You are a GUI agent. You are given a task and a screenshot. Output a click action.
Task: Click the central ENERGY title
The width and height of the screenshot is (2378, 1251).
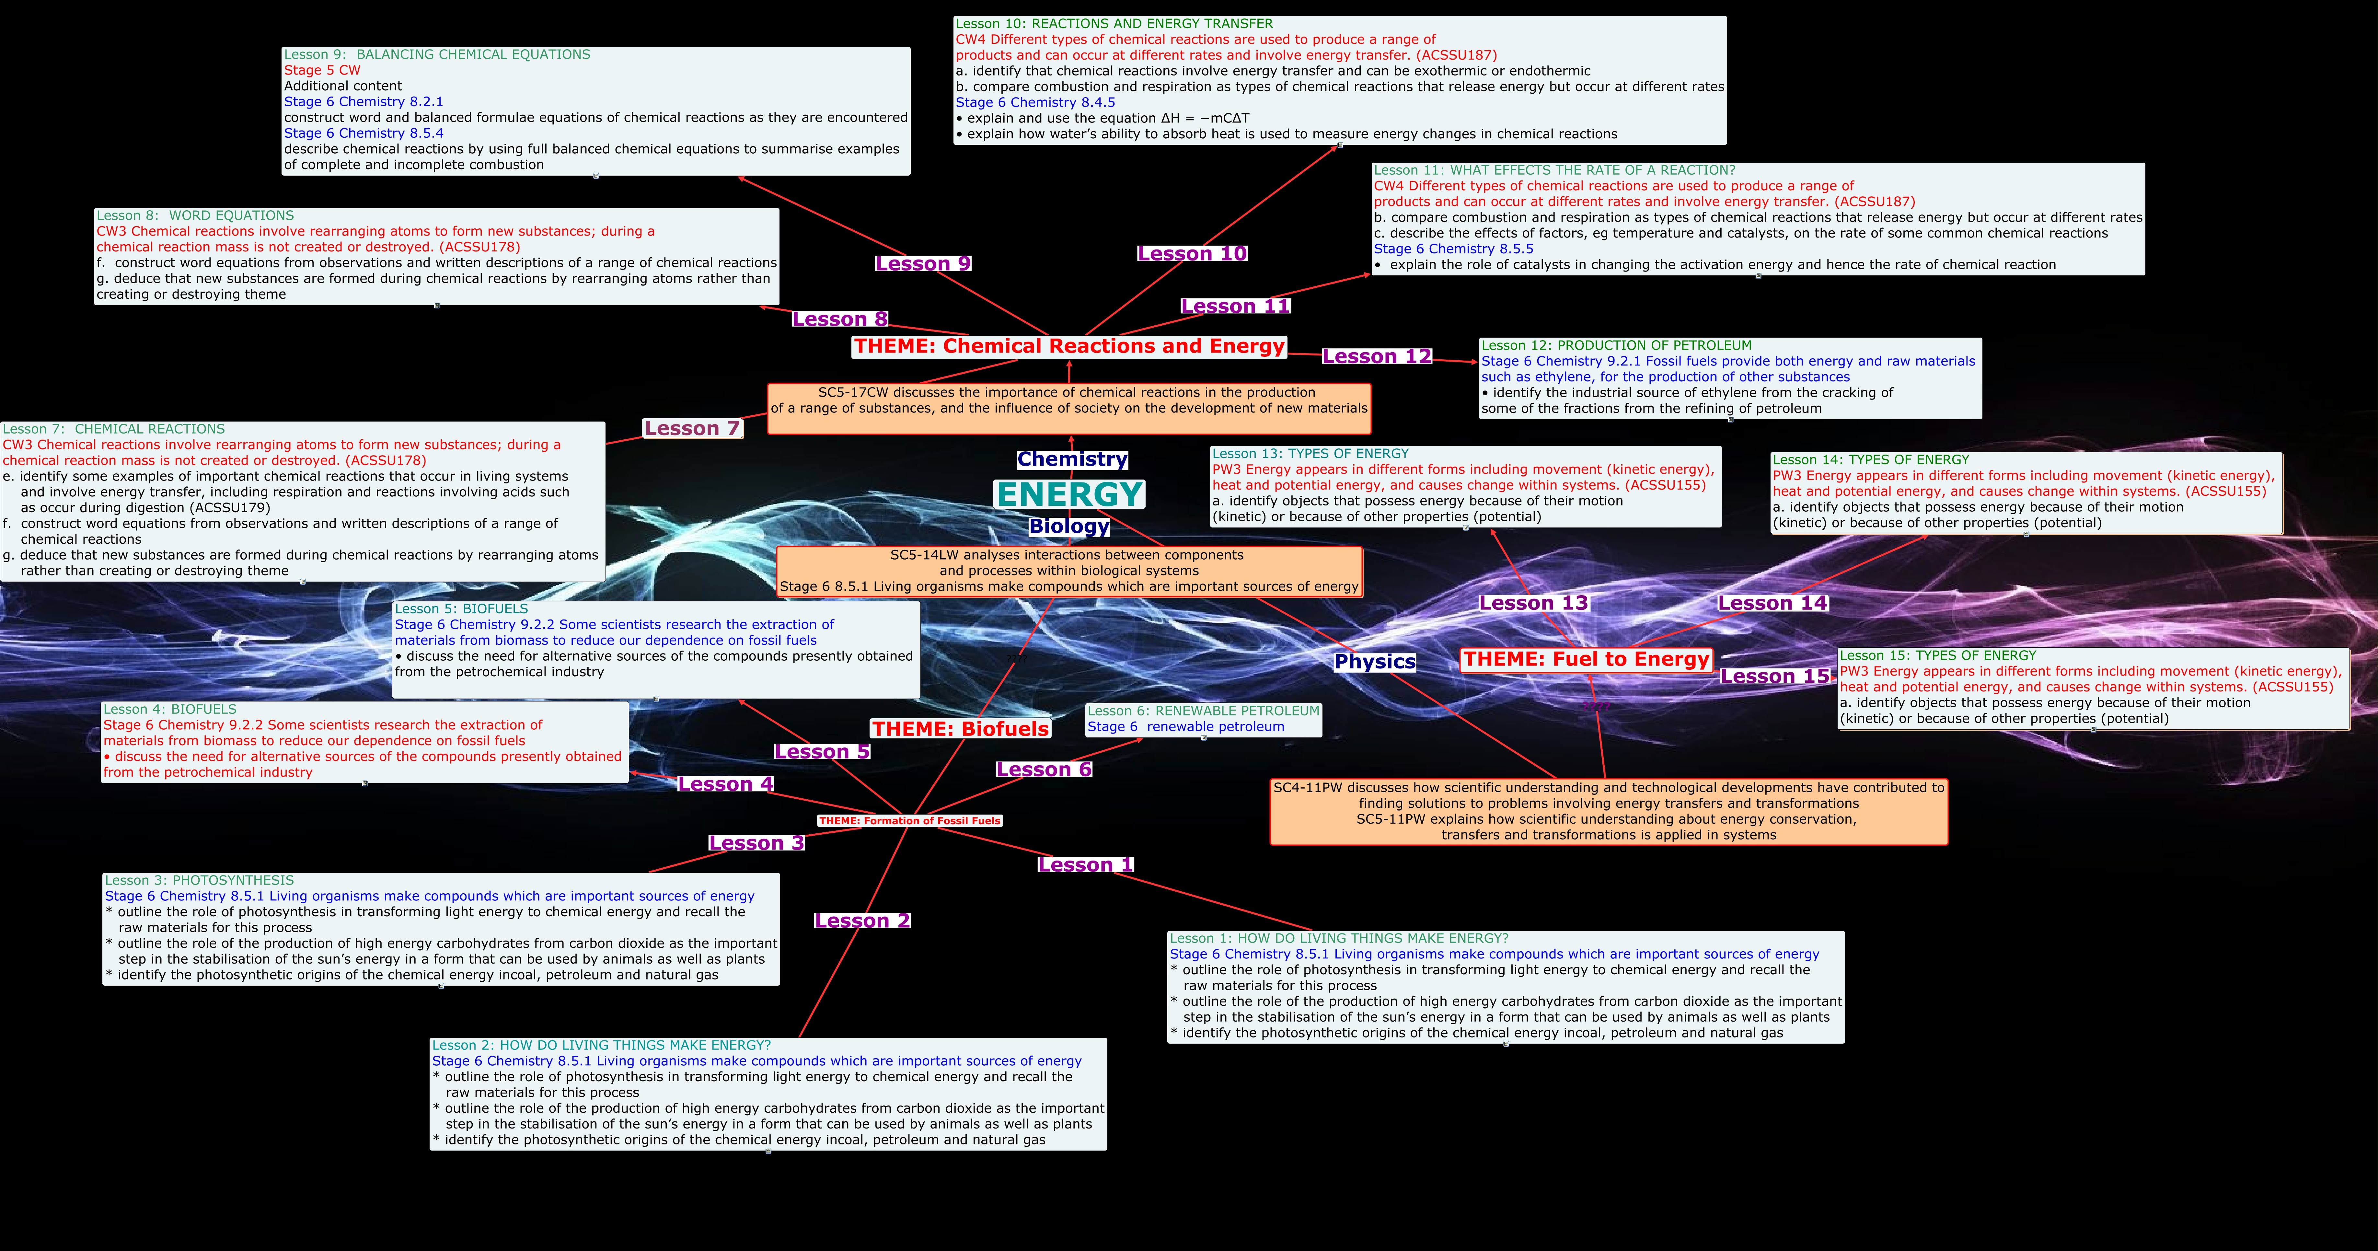tap(1069, 494)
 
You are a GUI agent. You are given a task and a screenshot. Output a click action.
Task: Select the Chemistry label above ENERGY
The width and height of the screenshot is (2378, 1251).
tap(1072, 459)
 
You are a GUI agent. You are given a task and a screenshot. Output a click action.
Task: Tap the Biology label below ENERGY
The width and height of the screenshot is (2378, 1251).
tap(1069, 526)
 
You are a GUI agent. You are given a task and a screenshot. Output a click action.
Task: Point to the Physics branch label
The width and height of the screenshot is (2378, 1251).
tap(1375, 661)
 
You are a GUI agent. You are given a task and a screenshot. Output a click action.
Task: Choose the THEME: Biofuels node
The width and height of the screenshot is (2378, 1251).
tap(960, 728)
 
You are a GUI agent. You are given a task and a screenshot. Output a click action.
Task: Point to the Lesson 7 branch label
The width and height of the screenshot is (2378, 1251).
tap(692, 428)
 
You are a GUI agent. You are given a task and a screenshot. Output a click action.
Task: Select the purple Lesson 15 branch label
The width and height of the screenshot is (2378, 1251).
tap(1774, 676)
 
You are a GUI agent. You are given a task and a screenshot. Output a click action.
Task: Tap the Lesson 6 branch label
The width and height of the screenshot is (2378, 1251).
tap(1043, 769)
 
